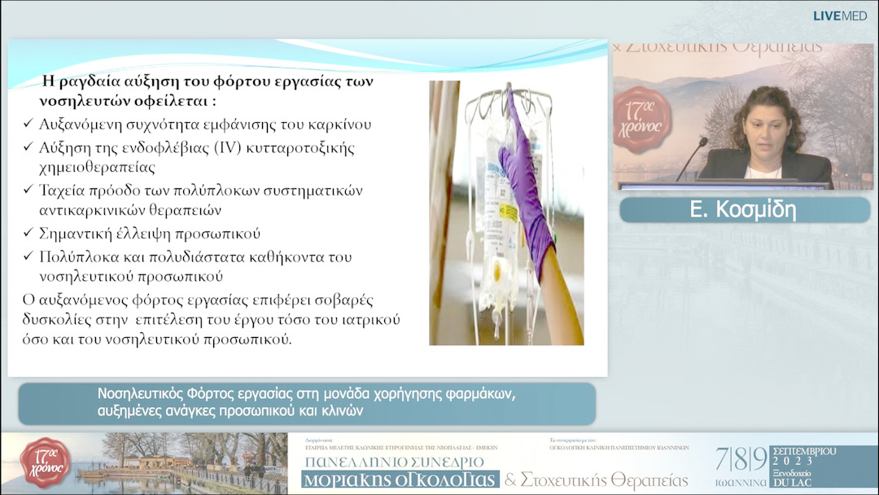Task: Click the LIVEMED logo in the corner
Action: point(840,15)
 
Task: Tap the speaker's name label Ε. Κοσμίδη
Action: point(743,210)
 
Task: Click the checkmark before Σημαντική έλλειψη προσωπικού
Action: point(28,234)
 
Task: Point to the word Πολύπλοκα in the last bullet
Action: point(74,256)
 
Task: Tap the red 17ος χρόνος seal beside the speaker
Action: point(643,119)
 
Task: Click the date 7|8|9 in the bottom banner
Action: point(741,459)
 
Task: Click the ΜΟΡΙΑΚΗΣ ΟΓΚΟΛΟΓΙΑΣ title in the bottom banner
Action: point(400,480)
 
